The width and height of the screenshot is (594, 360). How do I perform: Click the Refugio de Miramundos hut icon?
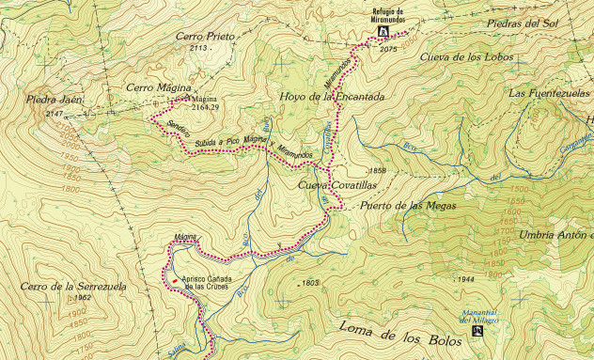pos(383,31)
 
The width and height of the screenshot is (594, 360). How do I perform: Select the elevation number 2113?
pos(197,48)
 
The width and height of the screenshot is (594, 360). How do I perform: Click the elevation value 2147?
pos(55,113)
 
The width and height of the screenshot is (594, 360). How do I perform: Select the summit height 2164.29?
pos(204,107)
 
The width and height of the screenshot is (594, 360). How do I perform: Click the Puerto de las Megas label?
pos(408,206)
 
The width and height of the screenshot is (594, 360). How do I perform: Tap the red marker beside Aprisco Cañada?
pos(174,279)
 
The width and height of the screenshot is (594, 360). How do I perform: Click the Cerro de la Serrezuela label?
pos(71,286)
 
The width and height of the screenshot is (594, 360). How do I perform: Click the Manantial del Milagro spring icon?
pos(479,331)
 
